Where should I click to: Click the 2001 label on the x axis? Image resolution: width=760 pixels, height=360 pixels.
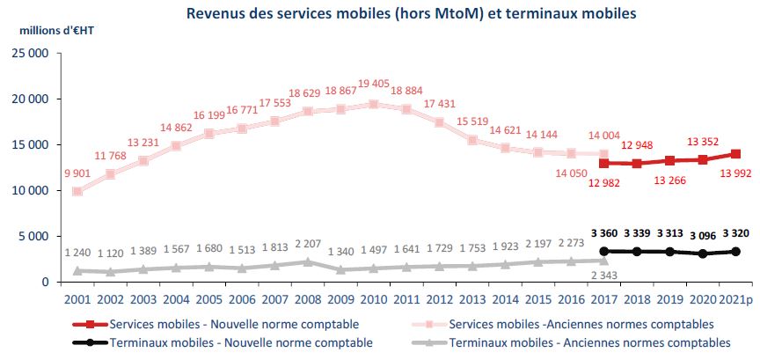(77, 300)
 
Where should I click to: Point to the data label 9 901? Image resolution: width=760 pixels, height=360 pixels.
(77, 173)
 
